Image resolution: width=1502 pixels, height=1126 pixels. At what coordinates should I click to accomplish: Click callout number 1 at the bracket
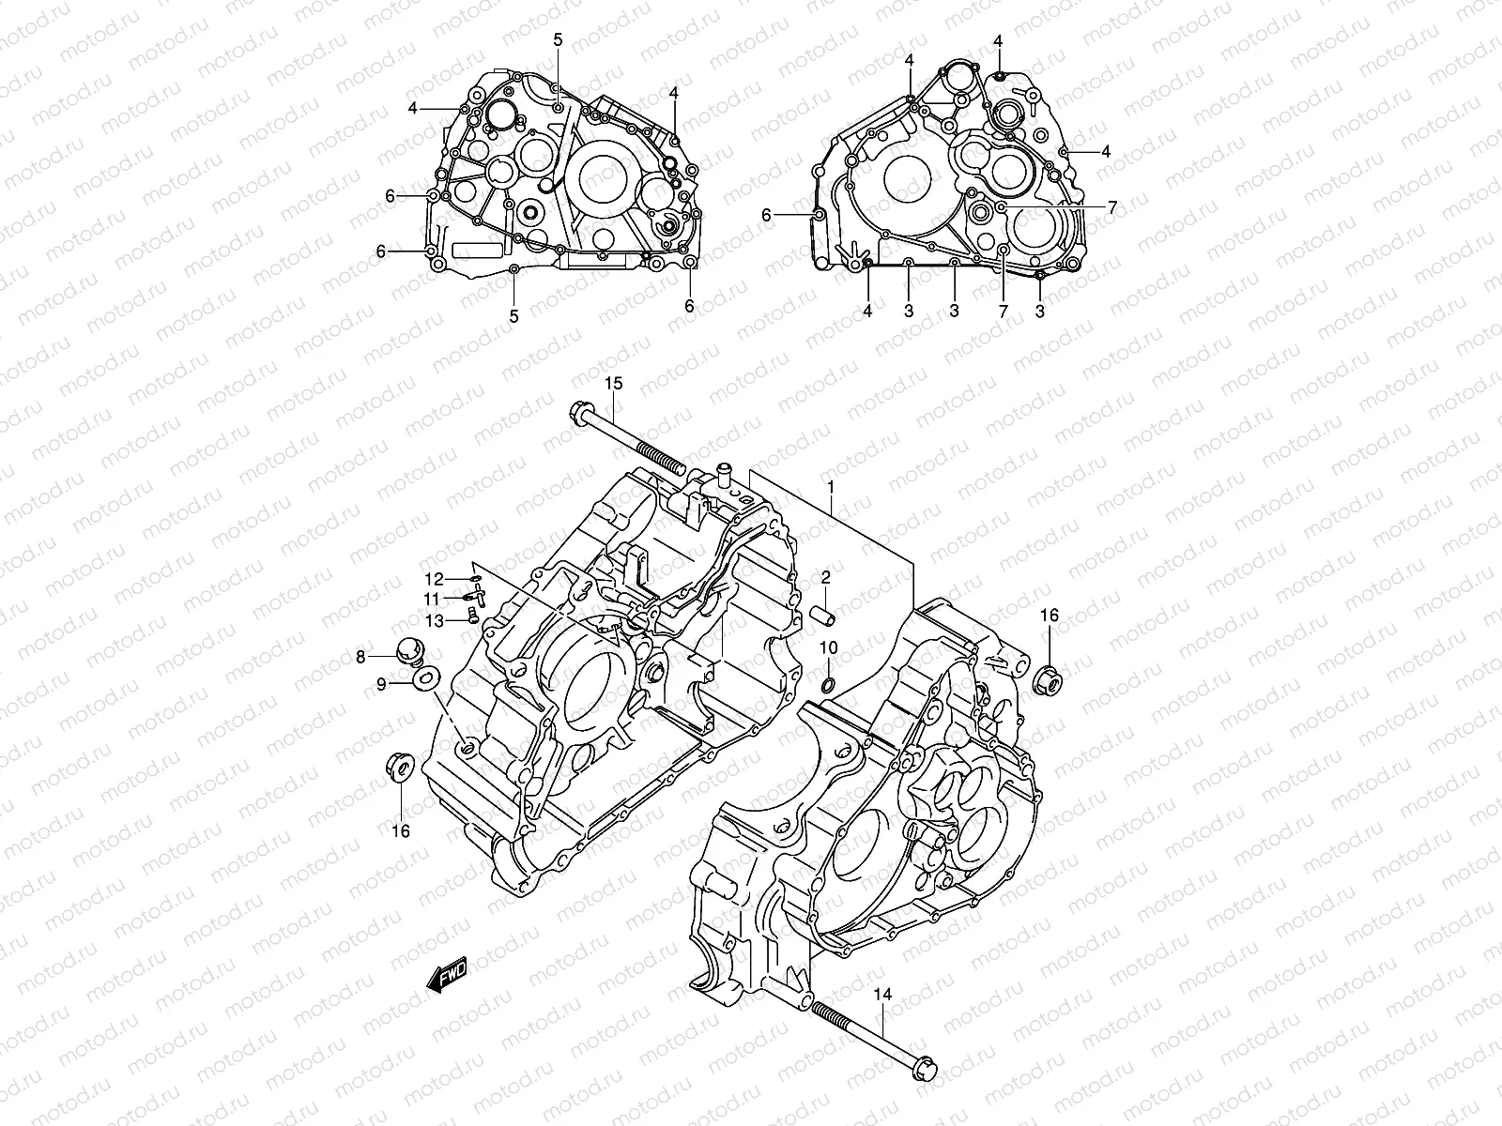[x=831, y=486]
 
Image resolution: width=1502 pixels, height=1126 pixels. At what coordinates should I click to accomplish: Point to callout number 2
[x=826, y=576]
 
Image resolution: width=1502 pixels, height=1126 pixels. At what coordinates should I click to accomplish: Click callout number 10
[x=828, y=647]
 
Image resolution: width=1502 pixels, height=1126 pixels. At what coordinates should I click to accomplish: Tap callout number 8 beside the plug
[x=359, y=658]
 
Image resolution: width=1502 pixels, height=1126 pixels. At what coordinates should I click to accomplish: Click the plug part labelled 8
[x=409, y=649]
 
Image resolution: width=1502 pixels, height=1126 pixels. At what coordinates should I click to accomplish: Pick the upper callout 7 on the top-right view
[x=1111, y=207]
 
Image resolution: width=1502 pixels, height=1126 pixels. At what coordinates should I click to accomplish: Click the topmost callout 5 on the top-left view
[x=558, y=39]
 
